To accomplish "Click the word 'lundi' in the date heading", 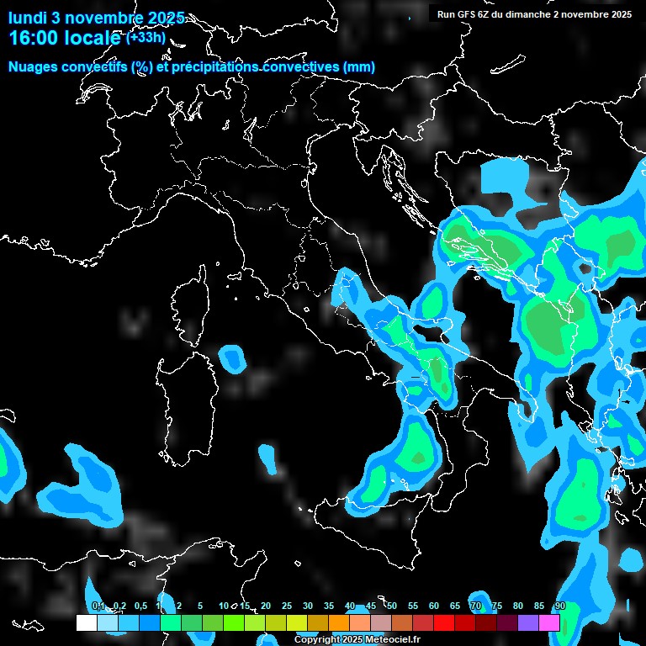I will pos(28,17).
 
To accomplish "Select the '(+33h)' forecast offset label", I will pos(145,37).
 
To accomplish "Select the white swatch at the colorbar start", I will pos(86,622).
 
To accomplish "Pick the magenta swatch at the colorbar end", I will pos(549,622).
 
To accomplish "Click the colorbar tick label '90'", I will pos(559,606).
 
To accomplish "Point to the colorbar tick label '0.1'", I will pos(98,606).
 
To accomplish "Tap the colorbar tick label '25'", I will pos(286,606).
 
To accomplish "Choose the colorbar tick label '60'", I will pos(433,606).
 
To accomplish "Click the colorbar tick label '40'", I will pos(349,606).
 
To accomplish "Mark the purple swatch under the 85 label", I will pos(528,622).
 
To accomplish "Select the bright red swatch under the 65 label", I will pos(444,622).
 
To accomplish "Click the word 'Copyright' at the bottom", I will pos(317,640).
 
